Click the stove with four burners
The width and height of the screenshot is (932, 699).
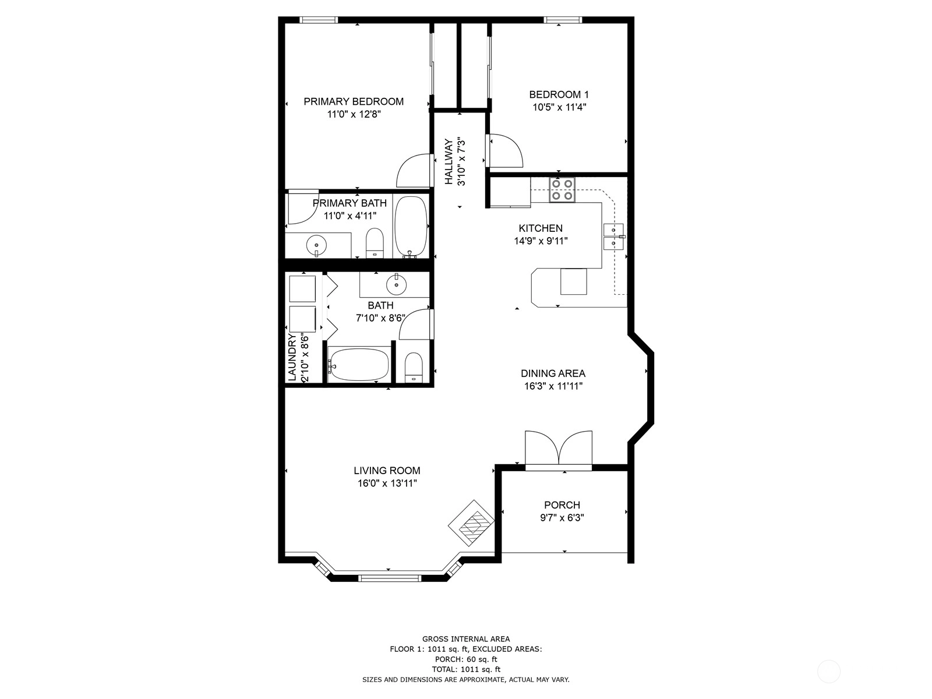click(562, 189)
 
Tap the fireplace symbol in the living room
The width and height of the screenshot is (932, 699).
click(471, 523)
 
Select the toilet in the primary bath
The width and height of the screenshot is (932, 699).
click(374, 243)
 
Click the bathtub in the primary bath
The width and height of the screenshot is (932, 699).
click(410, 227)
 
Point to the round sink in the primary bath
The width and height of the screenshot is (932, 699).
click(316, 245)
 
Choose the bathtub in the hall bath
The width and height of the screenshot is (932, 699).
click(358, 365)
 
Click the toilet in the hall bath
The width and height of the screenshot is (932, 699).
click(413, 368)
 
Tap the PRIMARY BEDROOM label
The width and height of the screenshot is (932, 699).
click(353, 101)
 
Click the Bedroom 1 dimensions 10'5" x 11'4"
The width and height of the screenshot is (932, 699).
click(559, 107)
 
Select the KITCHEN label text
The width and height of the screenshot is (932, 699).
click(541, 228)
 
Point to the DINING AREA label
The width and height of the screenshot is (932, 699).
click(553, 373)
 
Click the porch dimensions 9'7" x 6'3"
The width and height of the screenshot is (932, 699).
click(562, 518)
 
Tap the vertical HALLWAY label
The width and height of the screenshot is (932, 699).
click(449, 162)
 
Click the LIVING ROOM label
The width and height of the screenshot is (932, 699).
click(387, 471)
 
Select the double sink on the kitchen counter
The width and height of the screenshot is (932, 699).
click(613, 236)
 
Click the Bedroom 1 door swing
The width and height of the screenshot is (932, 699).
click(506, 151)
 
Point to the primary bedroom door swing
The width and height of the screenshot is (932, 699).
click(413, 170)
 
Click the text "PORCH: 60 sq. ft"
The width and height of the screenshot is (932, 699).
click(466, 659)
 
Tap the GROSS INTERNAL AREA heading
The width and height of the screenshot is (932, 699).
click(466, 639)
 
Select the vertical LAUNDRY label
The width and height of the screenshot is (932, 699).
click(292, 357)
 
